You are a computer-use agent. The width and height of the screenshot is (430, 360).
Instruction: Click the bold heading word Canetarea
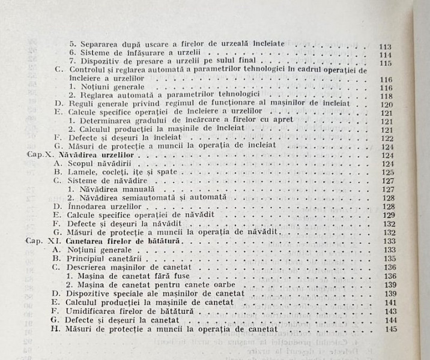85,241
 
